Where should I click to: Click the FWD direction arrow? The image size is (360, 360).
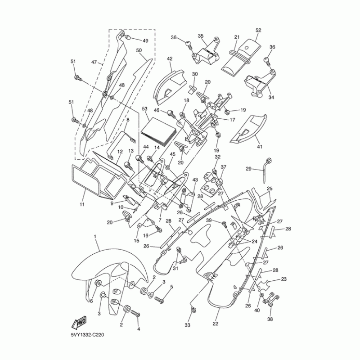79,323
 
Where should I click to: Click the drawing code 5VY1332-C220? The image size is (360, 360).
90,335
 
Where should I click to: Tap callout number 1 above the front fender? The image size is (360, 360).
95,236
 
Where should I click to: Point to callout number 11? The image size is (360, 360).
82,204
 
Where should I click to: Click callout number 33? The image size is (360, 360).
188,325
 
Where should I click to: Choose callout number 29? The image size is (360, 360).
248,169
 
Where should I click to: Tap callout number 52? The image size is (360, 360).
258,30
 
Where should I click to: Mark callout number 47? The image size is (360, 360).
94,63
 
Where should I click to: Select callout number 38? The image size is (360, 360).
270,319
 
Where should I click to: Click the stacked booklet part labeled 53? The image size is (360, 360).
157,132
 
